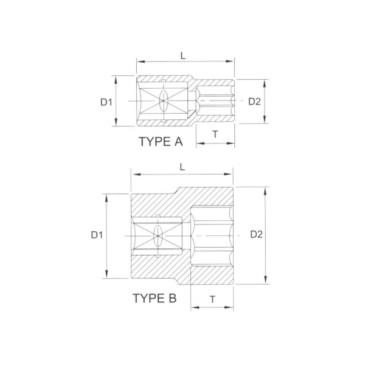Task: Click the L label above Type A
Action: click(x=183, y=55)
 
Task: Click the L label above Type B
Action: click(x=182, y=167)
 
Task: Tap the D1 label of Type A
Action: click(x=106, y=102)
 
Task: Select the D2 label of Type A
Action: click(x=254, y=102)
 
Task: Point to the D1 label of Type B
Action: click(x=97, y=235)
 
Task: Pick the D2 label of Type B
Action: click(x=256, y=234)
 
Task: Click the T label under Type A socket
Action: click(x=215, y=134)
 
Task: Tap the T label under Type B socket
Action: click(x=212, y=299)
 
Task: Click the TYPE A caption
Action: click(x=161, y=142)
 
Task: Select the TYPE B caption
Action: click(x=155, y=298)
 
